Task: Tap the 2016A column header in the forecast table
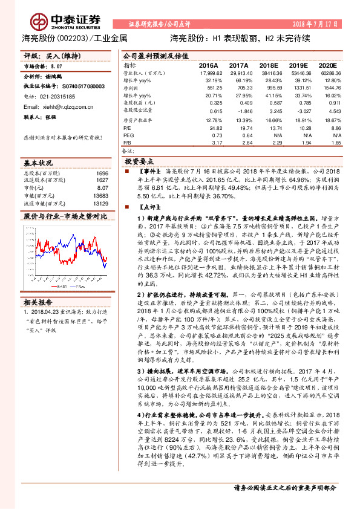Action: (x=208, y=64)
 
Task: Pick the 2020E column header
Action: (x=327, y=64)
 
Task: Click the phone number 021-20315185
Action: (x=58, y=96)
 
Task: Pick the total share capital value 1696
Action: (x=102, y=173)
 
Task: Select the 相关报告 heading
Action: (x=38, y=301)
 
